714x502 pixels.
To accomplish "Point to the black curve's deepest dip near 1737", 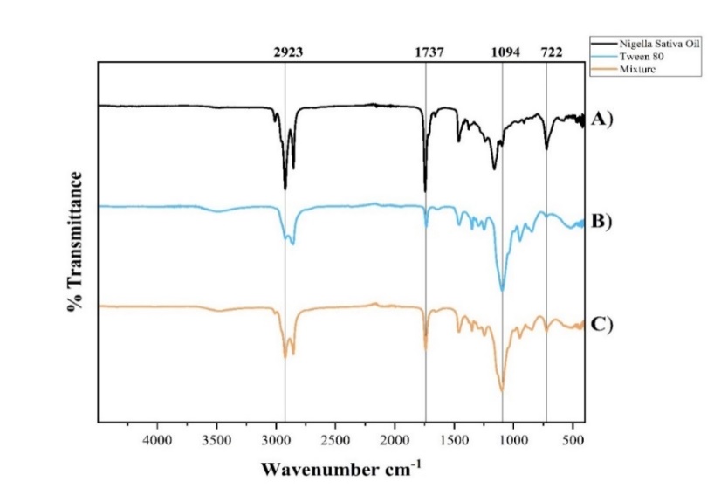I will click(425, 190).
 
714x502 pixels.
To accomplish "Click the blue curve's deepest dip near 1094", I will click(502, 291).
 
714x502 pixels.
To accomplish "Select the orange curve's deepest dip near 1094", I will click(502, 390).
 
